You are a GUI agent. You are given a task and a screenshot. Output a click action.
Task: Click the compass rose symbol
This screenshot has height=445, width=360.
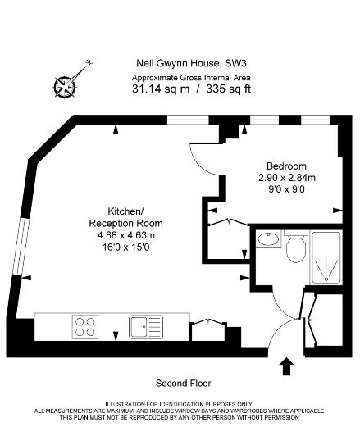[x=65, y=87]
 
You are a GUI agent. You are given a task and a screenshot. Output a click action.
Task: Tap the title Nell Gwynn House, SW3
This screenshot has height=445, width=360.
[x=192, y=63]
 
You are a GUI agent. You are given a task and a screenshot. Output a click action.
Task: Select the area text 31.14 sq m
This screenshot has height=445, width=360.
[x=161, y=89]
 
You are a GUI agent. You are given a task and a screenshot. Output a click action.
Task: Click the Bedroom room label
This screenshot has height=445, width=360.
[x=286, y=166]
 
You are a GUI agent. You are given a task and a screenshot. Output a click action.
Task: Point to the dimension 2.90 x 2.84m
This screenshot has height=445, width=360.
[x=286, y=178]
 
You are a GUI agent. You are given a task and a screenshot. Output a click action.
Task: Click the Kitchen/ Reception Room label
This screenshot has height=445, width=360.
[x=125, y=217]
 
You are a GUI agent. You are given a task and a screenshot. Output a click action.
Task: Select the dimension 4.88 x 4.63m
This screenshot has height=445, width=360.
[x=126, y=235]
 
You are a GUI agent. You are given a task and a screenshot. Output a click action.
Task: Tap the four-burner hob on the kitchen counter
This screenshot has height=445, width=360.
[x=85, y=327]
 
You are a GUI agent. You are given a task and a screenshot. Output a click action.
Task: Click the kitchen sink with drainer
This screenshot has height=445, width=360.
[x=146, y=327]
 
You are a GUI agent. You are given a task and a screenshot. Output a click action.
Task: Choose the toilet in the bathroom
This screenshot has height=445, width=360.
[x=296, y=246]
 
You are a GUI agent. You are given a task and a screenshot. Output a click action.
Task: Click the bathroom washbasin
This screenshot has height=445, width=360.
[x=268, y=239]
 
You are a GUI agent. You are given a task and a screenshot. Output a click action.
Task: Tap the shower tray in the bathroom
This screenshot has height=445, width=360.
[x=326, y=257]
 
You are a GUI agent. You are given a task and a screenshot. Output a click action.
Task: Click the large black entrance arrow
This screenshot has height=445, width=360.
[x=287, y=366]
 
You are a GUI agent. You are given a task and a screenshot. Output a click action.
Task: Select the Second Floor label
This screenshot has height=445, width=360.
[x=184, y=384]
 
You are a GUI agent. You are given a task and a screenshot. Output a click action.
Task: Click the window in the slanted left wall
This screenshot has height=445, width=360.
[x=21, y=247]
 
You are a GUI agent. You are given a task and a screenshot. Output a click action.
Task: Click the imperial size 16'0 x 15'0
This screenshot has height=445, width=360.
[x=126, y=247]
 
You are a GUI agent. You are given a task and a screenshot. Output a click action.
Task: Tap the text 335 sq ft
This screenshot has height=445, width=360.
[x=229, y=89]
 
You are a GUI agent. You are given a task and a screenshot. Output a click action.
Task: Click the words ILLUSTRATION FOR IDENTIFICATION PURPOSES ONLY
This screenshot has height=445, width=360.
[x=179, y=404]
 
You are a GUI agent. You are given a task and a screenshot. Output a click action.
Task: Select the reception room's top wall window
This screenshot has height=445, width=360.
[x=188, y=120]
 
